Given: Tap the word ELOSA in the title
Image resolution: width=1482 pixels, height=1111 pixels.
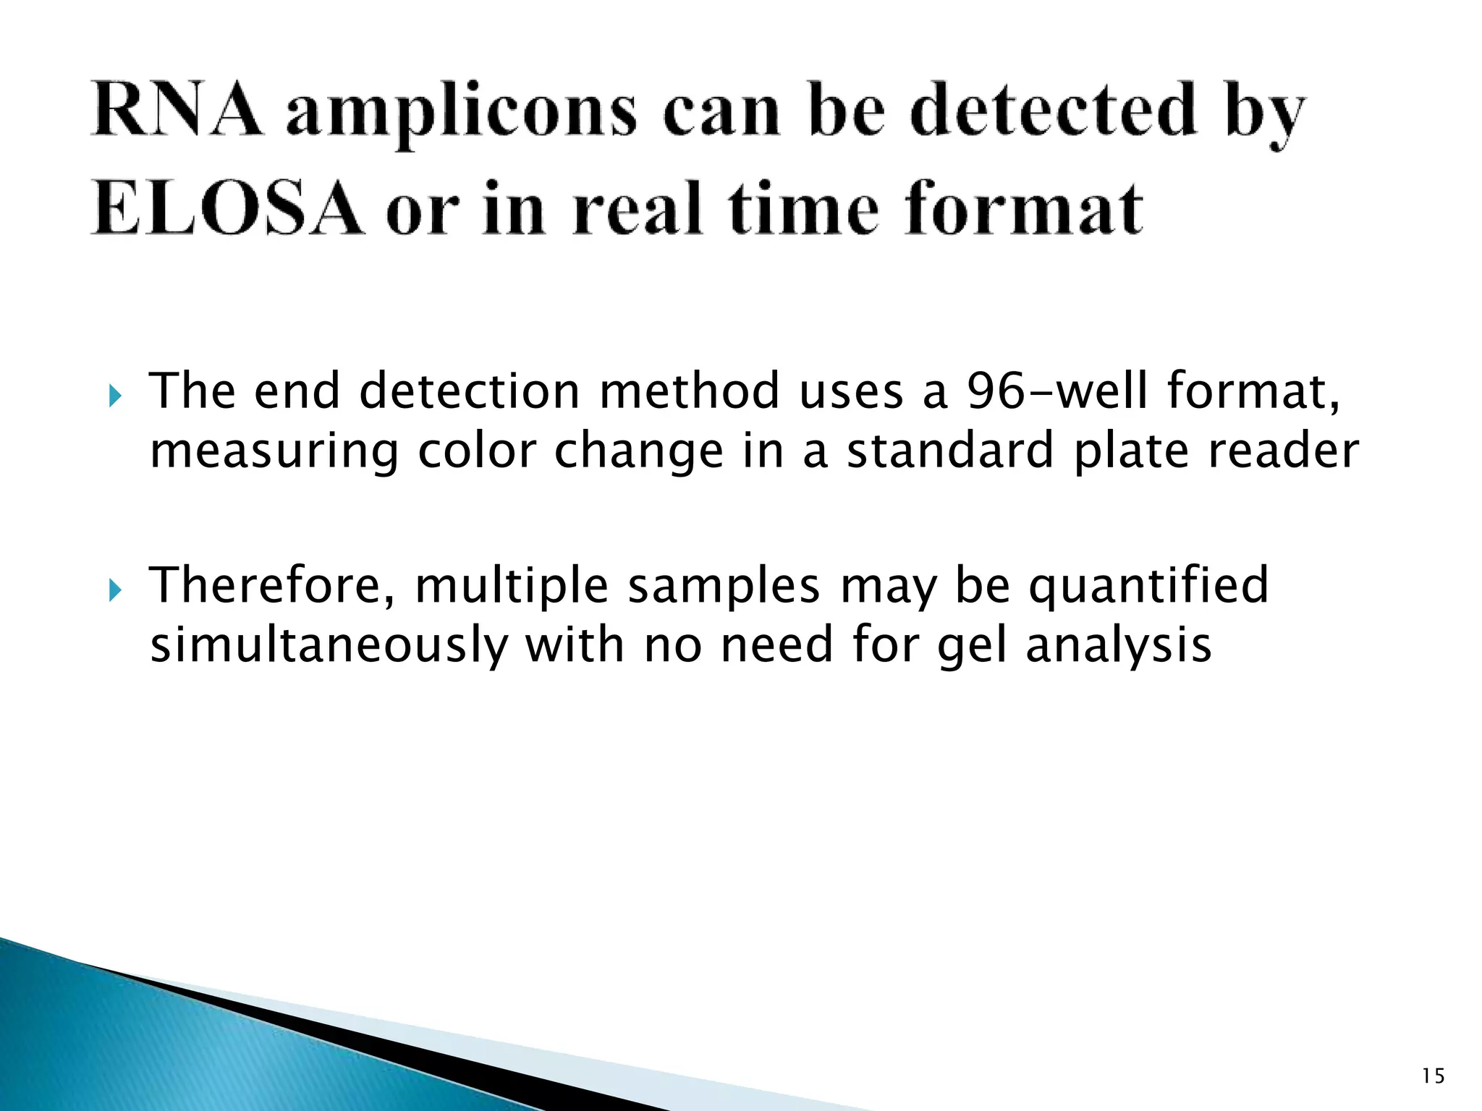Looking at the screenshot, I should (226, 210).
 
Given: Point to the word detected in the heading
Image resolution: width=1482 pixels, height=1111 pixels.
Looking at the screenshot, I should (1053, 110).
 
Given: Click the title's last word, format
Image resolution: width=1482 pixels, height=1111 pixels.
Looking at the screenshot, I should (1023, 210).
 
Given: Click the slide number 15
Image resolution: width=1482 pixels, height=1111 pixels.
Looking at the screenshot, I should (1432, 1076).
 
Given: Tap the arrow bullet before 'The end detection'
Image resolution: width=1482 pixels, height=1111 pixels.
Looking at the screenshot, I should (115, 396).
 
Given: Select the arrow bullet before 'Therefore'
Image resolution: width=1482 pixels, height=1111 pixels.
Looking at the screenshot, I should (115, 591).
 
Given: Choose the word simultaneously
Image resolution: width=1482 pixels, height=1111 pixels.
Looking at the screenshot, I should (329, 646).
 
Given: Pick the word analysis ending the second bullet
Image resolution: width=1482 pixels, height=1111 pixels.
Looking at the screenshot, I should (1118, 646).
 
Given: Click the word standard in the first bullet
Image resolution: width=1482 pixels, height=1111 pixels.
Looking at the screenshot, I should (950, 451).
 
